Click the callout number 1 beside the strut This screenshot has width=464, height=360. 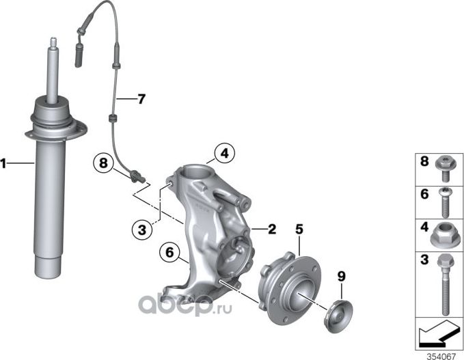[4, 163]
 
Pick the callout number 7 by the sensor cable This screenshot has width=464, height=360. [140, 99]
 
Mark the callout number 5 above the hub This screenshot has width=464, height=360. [298, 230]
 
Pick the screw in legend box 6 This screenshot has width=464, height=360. [444, 202]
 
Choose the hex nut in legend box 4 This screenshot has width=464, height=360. [445, 236]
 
